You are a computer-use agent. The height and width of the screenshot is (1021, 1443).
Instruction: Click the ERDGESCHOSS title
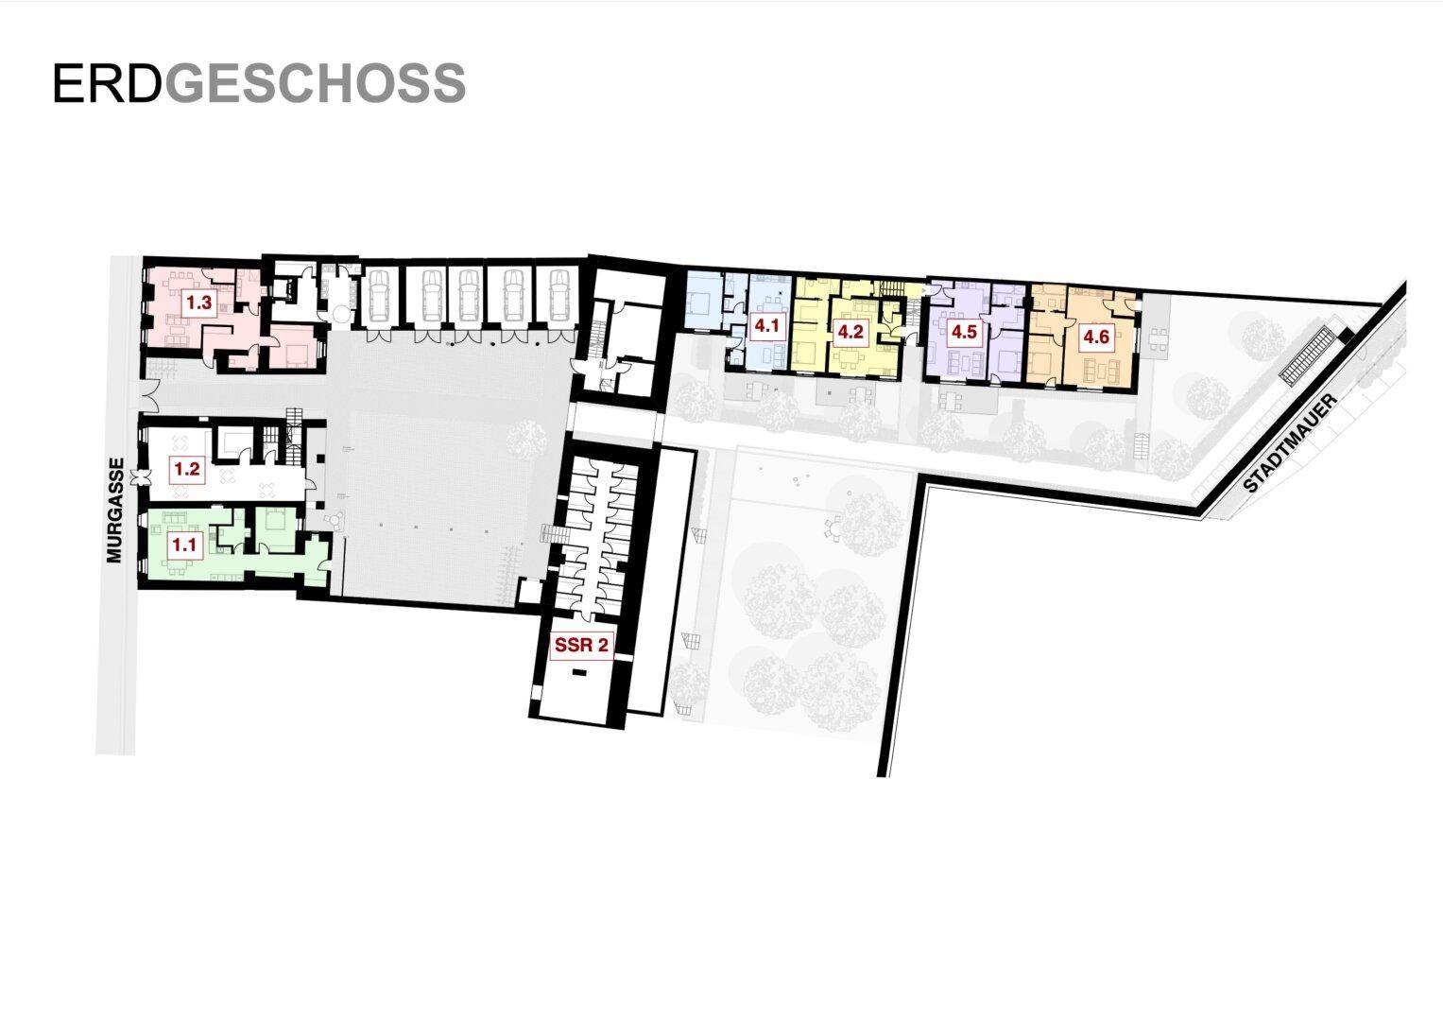point(259,83)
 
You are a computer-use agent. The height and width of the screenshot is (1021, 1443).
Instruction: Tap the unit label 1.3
point(198,303)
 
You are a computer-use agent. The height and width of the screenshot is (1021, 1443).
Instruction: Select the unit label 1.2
point(187,469)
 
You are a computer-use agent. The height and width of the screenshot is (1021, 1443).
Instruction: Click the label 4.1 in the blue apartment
point(766,326)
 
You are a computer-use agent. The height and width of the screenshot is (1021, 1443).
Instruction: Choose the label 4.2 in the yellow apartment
point(850,332)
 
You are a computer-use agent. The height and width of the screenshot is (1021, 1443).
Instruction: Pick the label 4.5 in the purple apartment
point(964,332)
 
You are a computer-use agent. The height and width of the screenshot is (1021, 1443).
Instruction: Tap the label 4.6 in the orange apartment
point(1096,337)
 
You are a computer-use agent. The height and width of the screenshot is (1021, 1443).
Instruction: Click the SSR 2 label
point(581,645)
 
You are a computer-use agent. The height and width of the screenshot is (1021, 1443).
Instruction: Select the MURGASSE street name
point(115,510)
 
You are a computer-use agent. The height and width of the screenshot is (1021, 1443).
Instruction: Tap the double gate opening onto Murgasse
point(151,396)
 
